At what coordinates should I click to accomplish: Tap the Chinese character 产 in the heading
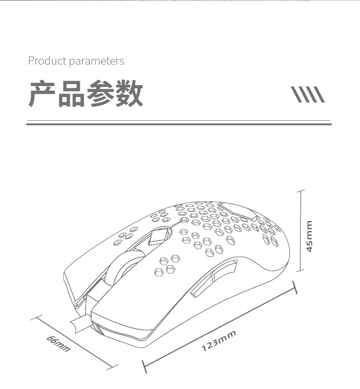tap(43, 94)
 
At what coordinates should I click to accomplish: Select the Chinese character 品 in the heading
tap(72, 94)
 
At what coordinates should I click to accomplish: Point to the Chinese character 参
tap(100, 94)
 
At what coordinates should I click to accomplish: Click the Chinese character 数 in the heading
tap(129, 94)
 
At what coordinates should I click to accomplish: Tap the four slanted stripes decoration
tap(308, 94)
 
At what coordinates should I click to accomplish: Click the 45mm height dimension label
tap(309, 236)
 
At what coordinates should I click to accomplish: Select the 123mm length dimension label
tap(219, 341)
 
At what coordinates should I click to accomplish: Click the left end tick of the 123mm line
tap(144, 366)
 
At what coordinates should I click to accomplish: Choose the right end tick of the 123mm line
tap(294, 287)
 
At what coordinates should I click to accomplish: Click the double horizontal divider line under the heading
tap(179, 123)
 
